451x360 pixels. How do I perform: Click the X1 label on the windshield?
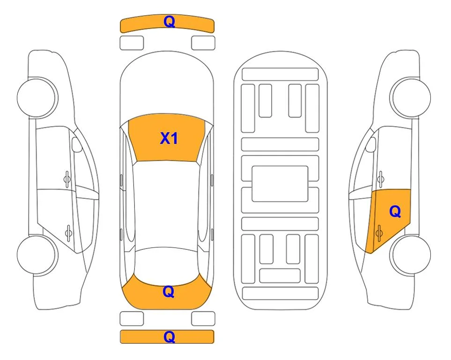point(169,138)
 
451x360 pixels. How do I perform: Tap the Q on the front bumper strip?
point(170,22)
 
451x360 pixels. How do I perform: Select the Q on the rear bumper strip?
point(170,337)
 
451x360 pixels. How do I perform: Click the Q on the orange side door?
point(395,212)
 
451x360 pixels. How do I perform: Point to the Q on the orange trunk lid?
point(169,292)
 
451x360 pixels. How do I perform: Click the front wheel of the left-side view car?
point(37,97)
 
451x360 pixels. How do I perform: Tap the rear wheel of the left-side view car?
point(37,255)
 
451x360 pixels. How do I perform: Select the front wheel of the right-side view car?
point(410,97)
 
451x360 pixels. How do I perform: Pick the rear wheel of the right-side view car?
point(410,255)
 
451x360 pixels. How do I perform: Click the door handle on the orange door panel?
point(379,232)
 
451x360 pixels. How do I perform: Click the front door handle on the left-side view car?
point(67,179)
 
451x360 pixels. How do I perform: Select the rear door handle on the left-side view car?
point(68,232)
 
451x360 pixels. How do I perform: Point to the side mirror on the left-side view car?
point(76,144)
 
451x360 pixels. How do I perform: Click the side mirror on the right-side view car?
point(371,144)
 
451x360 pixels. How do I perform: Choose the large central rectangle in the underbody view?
point(280,184)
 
